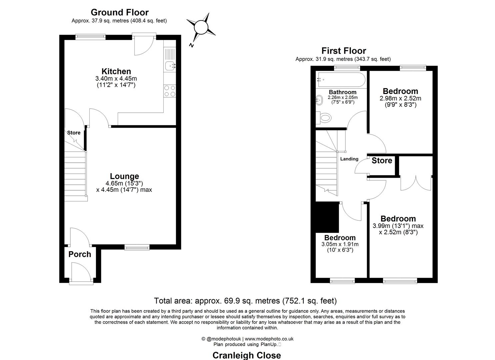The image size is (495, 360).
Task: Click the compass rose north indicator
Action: [201, 27]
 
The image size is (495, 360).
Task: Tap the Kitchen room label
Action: [116, 71]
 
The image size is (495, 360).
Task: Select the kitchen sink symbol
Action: [170, 66]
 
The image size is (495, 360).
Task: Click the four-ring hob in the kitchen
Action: [170, 91]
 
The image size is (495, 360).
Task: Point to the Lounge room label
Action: [124, 176]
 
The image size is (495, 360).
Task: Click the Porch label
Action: [80, 254]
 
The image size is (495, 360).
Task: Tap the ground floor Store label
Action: [74, 133]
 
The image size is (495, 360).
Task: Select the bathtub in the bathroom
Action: [341, 80]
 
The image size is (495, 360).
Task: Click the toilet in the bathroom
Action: [324, 117]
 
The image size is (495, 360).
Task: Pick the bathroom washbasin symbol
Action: [319, 99]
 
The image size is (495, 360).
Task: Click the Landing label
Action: [349, 159]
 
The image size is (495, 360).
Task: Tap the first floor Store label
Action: [382, 161]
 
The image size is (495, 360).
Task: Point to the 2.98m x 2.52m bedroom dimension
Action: [400, 99]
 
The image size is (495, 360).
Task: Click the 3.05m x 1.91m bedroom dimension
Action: [340, 244]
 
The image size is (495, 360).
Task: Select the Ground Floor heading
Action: [119, 12]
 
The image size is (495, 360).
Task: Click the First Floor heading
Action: [343, 51]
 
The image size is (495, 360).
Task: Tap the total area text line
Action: [245, 301]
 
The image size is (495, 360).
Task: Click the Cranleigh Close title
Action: [247, 355]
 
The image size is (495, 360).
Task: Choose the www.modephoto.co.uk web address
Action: [269, 339]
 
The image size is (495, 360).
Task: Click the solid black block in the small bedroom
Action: [327, 217]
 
